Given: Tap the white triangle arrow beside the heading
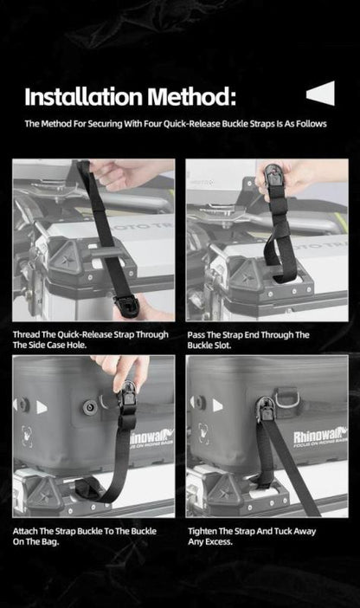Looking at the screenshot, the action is [x=321, y=93].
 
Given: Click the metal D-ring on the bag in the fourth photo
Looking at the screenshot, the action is [x=286, y=398].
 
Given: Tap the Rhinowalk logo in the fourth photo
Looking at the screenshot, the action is [x=319, y=437].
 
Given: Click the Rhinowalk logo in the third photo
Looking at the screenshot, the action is [x=152, y=437].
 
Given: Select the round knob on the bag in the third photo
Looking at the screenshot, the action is [x=90, y=407].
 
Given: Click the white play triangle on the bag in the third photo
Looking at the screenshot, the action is [x=42, y=407].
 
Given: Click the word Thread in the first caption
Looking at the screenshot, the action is [x=26, y=334].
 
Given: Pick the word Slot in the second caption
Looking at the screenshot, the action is [x=222, y=345].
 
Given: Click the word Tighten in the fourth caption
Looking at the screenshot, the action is [x=202, y=531].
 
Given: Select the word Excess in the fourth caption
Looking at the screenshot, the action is [x=220, y=541].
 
